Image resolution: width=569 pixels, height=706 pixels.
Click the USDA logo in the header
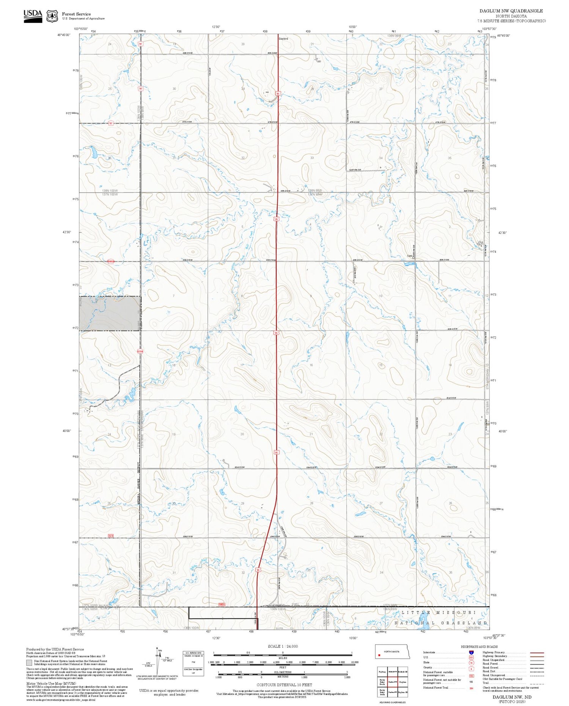coord(33,16)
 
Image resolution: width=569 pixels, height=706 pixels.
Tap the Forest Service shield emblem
coord(52,16)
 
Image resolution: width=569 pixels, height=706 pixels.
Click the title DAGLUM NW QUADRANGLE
coord(511,11)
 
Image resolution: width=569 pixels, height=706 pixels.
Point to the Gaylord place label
coord(283,39)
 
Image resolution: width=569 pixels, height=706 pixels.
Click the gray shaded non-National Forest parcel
coord(110,313)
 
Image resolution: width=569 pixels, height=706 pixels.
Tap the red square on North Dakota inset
coord(379,655)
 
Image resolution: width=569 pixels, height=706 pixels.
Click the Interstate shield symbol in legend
coord(472,652)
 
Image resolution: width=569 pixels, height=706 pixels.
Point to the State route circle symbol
coord(472,663)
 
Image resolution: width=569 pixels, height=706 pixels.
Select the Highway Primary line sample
coord(535,653)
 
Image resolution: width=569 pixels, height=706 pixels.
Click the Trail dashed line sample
coord(535,683)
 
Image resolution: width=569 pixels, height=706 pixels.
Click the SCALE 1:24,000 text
coord(283,646)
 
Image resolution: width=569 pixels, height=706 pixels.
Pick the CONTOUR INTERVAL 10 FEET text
coord(284,685)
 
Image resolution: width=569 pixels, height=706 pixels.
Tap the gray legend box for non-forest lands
coord(29,663)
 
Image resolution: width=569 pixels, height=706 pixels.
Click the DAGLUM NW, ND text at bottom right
coord(512,697)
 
